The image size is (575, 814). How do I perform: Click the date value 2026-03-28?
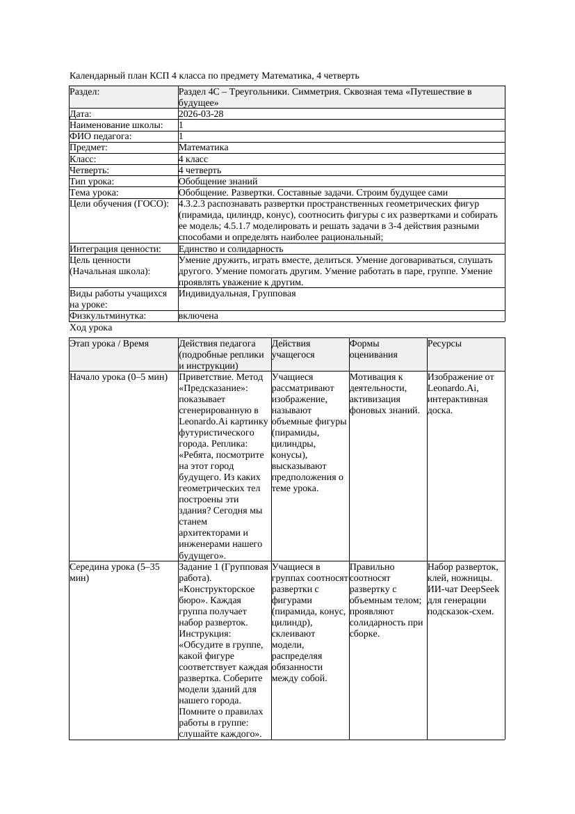coord(201,113)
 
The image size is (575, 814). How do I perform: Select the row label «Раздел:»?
coord(85,91)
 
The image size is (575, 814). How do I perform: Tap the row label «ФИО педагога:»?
coord(101,136)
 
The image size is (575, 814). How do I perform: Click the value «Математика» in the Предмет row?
coord(203,147)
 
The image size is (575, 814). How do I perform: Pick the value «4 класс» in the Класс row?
coord(193,159)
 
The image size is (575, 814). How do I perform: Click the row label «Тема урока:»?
coord(94,192)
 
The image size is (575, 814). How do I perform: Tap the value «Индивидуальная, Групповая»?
coord(237,294)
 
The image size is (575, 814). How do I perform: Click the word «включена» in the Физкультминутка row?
coord(198,316)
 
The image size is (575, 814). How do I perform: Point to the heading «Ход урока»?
coord(91,327)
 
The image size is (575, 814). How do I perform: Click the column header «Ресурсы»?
coord(444,344)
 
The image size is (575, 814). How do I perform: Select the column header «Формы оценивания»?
coord(372,349)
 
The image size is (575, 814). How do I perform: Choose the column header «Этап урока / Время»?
coord(114,344)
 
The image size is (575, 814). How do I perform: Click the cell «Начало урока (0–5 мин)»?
coord(119,377)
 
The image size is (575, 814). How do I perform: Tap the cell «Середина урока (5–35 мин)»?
coord(115,572)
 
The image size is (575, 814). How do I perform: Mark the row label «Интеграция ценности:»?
coord(115,248)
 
